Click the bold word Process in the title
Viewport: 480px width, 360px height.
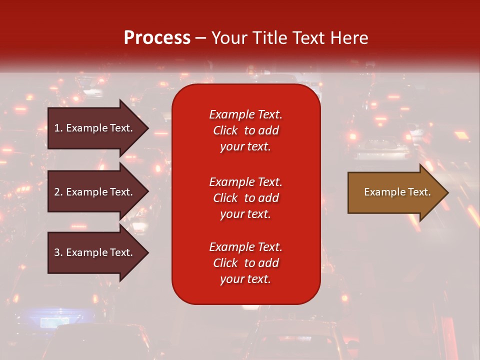[157, 38]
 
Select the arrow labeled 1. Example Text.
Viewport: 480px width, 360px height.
[95, 128]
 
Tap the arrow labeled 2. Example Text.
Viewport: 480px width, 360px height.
[95, 192]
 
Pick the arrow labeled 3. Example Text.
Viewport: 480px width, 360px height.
[95, 252]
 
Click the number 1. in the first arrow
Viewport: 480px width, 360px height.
[58, 128]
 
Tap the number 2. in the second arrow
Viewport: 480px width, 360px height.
[58, 192]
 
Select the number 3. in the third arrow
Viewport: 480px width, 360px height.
[58, 252]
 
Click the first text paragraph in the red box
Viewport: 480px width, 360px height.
[245, 130]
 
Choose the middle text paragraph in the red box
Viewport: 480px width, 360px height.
[245, 198]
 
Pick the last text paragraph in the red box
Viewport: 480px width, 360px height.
[245, 263]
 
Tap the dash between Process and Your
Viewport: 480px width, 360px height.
[200, 38]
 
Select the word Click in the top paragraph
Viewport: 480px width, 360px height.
[225, 130]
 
